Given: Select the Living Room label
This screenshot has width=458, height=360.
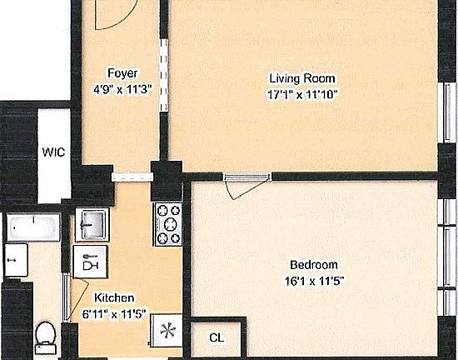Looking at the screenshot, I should tap(296, 79).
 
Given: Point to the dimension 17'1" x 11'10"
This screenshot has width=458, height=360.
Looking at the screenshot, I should tap(296, 94).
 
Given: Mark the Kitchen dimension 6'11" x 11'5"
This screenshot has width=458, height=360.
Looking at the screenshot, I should tap(114, 314).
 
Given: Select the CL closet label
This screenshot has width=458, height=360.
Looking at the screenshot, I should tap(217, 337).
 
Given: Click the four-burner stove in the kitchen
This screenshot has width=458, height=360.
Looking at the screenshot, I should tap(168, 224).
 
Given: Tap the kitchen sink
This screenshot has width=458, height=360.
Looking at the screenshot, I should tap(91, 224).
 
